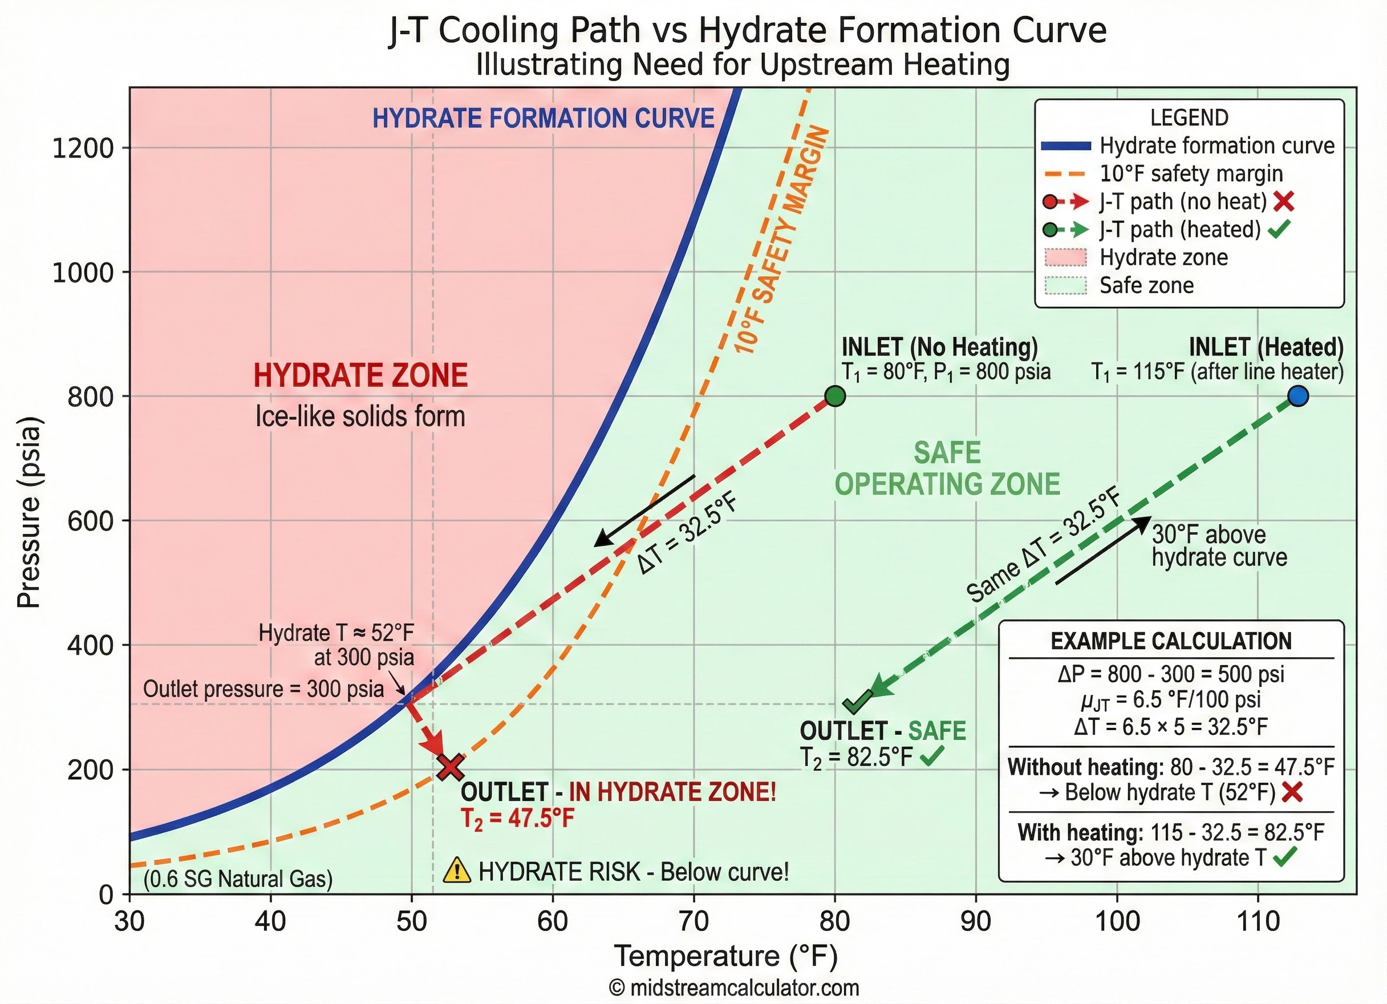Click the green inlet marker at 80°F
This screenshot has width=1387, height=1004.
pyautogui.click(x=835, y=396)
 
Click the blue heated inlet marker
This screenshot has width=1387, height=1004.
pyautogui.click(x=1297, y=396)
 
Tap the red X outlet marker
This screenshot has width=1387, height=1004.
pyautogui.click(x=451, y=767)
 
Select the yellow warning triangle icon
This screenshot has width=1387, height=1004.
pyautogui.click(x=457, y=871)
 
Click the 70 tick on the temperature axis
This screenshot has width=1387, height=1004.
pyautogui.click(x=693, y=921)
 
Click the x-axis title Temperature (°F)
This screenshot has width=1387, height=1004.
pyautogui.click(x=725, y=956)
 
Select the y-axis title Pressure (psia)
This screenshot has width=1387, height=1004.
pyautogui.click(x=29, y=512)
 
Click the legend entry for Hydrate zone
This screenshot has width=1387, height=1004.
pyautogui.click(x=1163, y=258)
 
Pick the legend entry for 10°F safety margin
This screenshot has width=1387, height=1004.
pyautogui.click(x=1191, y=174)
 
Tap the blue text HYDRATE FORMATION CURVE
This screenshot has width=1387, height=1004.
pyautogui.click(x=543, y=118)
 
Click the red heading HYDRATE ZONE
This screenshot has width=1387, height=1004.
pyautogui.click(x=360, y=376)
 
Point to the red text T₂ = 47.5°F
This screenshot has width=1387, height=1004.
pyautogui.click(x=517, y=818)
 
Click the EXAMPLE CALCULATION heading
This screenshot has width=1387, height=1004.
pyautogui.click(x=1170, y=641)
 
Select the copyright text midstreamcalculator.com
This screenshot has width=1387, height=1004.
pyautogui.click(x=734, y=987)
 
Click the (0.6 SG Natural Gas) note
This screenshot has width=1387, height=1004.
pyautogui.click(x=238, y=879)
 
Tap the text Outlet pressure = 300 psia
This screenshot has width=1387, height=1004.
pyautogui.click(x=263, y=689)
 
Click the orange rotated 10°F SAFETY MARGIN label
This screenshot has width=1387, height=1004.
pyautogui.click(x=782, y=240)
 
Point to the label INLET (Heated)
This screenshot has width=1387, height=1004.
pyautogui.click(x=1266, y=347)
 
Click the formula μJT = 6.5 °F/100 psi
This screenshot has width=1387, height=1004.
pyautogui.click(x=1170, y=700)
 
